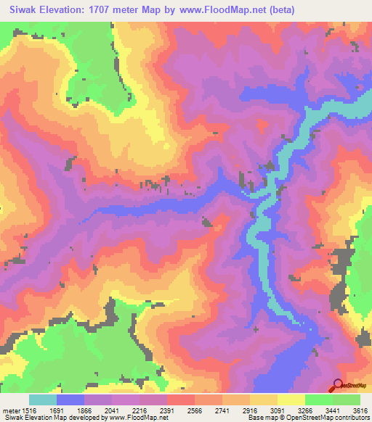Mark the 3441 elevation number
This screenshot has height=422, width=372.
tap(336, 410)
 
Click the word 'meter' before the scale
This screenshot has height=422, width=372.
tap(11, 410)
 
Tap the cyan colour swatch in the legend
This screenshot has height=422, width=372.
tap(42, 400)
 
